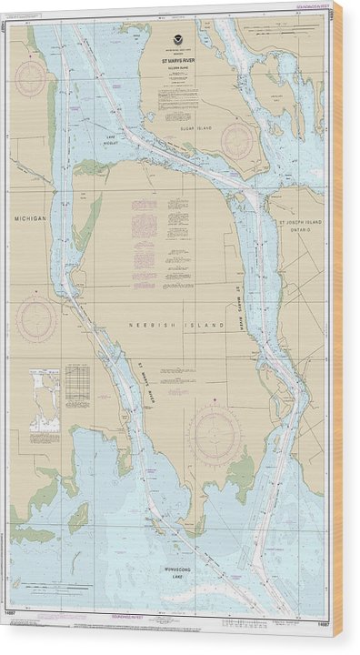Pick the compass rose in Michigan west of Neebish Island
point(35,319)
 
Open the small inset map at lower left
point(43,398)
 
